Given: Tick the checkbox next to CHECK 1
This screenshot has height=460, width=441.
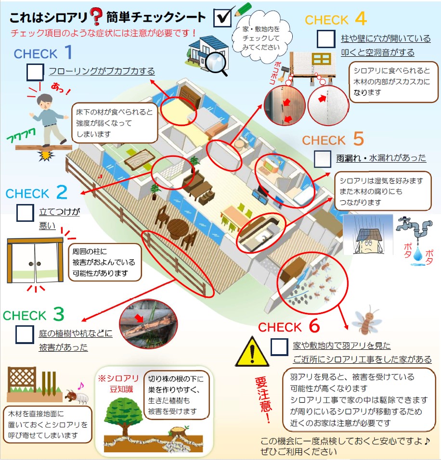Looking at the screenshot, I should click(x=35, y=72).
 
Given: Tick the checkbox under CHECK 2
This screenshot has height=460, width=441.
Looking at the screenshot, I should click(x=25, y=213).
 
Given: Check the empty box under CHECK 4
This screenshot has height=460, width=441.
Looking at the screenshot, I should click(x=326, y=38).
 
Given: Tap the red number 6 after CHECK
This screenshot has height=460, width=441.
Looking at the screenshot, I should click(x=314, y=327).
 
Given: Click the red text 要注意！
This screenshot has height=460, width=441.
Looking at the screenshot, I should click(x=263, y=399).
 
